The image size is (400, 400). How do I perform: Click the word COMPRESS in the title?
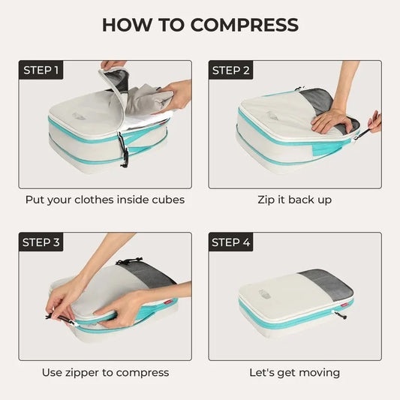click(244, 24)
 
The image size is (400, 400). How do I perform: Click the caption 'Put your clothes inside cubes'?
click(104, 200)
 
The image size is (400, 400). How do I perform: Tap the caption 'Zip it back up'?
click(294, 200)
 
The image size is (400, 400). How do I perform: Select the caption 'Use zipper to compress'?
click(104, 372)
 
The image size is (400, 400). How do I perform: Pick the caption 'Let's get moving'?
click(294, 372)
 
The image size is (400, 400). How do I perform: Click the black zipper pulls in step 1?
click(125, 150)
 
